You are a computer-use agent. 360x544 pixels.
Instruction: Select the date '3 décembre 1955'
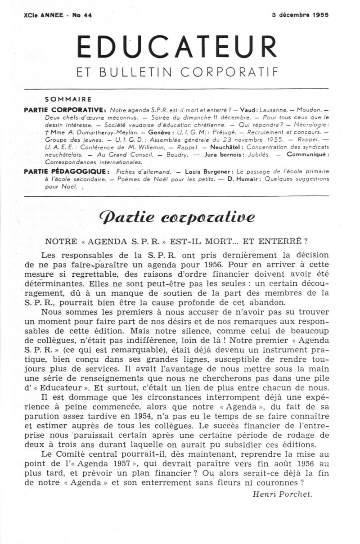[x=300, y=14]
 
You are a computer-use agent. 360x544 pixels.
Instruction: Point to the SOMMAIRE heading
[x=68, y=99]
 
